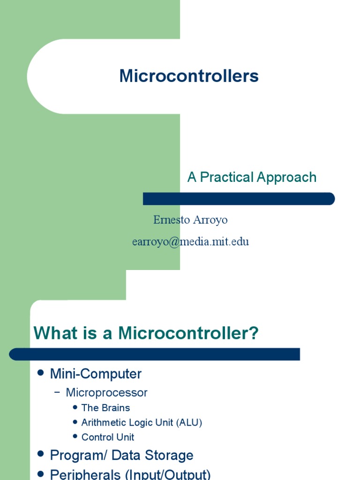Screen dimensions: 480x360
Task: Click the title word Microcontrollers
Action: tap(189, 76)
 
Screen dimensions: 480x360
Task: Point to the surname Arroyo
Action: tap(210, 220)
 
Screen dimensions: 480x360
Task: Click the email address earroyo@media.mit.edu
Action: tap(190, 241)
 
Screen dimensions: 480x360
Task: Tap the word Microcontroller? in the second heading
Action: tap(188, 334)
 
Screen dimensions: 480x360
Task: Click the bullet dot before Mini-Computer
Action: tap(40, 373)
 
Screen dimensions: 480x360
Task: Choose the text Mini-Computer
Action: tap(96, 374)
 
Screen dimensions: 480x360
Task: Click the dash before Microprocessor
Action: tap(57, 393)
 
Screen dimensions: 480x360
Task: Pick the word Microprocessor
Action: tap(106, 393)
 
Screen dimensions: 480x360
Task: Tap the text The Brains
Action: tap(105, 408)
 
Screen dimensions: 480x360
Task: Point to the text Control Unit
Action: tap(108, 437)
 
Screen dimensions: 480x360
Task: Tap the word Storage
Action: tap(171, 455)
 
